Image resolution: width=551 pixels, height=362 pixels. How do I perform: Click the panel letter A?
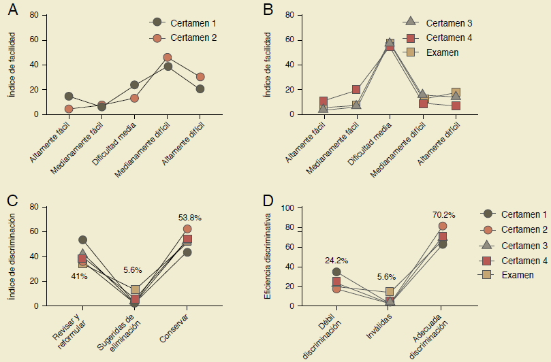[12, 10]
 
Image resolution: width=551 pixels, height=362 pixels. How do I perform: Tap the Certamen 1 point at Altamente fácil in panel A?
[69, 97]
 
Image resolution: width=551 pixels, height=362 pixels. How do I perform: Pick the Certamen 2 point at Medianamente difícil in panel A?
[168, 58]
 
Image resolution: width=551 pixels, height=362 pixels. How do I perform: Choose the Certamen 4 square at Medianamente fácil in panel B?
[356, 89]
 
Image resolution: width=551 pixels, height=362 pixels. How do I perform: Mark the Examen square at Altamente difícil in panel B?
[456, 93]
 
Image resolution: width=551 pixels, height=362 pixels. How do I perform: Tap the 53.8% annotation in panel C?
[190, 217]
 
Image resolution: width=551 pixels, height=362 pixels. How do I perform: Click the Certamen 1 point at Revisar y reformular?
[82, 240]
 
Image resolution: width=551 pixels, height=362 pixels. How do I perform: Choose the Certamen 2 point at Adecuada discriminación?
[443, 226]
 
